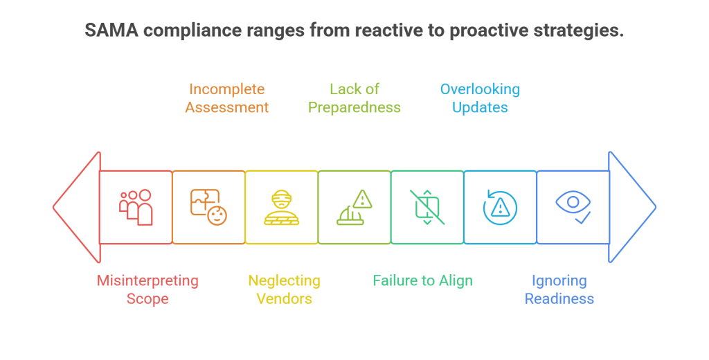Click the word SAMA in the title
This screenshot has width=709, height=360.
111,30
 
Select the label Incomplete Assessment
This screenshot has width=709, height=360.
227,98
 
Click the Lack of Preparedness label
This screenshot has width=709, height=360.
354,98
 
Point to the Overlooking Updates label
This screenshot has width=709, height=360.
481,98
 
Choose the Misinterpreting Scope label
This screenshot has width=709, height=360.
147,289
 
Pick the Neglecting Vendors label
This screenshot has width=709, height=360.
285,289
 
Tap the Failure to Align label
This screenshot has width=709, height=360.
423,280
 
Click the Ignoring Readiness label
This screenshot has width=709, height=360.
559,289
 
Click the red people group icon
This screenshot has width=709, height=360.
136,207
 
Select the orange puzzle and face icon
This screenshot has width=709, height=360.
208,207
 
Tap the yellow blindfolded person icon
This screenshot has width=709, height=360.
282,207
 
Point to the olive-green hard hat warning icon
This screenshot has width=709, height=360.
354,207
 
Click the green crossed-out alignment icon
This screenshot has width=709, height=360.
427,207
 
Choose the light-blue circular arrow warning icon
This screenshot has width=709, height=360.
500,207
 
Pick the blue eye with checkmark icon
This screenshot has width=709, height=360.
573,207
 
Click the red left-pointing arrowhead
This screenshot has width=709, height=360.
77,207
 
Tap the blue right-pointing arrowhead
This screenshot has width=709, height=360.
631,207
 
